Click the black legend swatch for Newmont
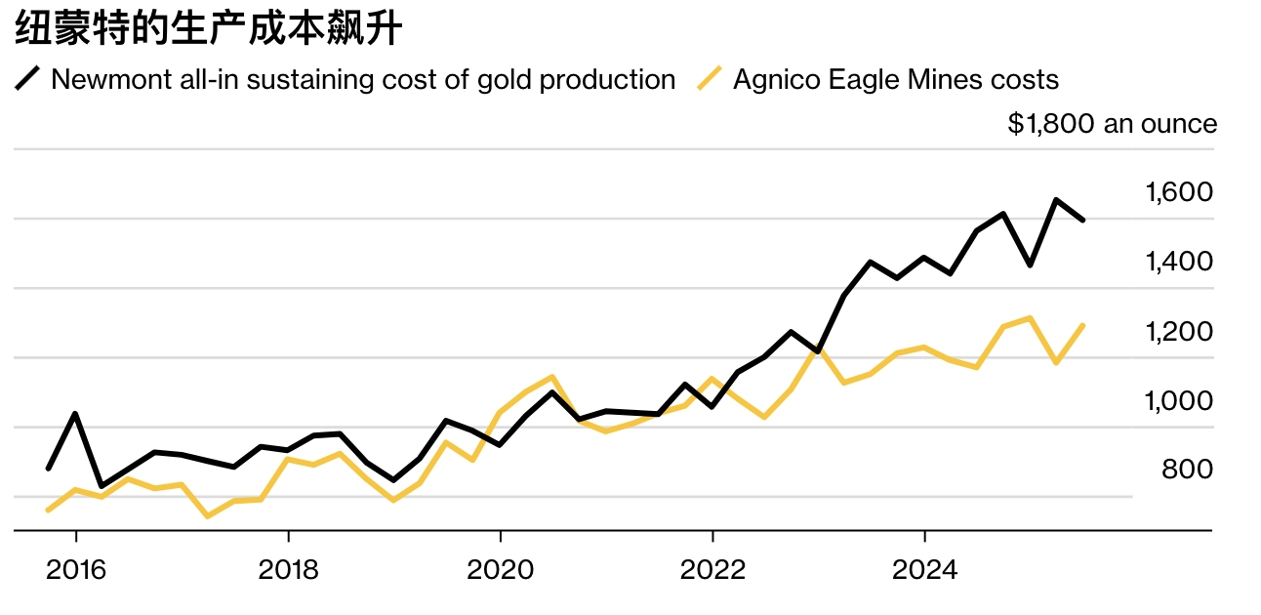coord(28,79)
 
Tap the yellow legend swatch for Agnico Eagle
coord(711,79)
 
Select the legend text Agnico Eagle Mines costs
coord(895,79)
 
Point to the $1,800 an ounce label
coord(1112,124)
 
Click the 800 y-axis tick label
coord(1187,470)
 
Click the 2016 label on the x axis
coord(75,570)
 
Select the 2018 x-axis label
coord(288,570)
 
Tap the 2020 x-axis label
coord(500,570)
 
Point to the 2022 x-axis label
coord(712,570)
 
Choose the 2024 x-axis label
coord(924,570)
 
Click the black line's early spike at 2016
coord(75,414)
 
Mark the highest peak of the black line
coord(1056,200)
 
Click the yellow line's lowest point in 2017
coord(207,515)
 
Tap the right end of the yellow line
coord(1083,325)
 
